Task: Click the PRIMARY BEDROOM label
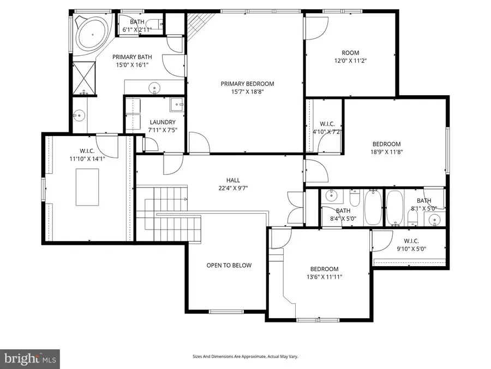tap(247, 84)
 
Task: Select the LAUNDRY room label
tap(163, 122)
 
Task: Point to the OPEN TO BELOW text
tap(229, 266)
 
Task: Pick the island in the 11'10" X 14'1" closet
tap(87, 186)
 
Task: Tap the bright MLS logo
tap(30, 359)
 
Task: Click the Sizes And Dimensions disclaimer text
tap(245, 356)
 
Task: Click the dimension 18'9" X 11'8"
tap(387, 152)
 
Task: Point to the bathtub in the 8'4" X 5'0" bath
tap(374, 208)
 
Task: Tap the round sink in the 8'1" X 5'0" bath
tap(434, 220)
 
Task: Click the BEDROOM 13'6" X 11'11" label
tap(324, 273)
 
